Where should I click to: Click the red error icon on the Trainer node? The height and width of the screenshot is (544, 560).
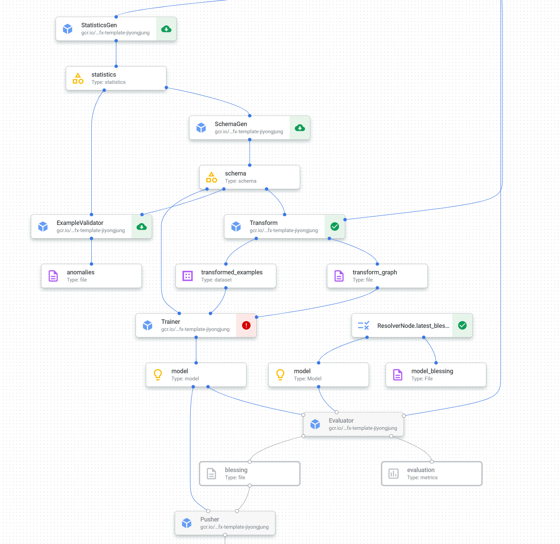246,326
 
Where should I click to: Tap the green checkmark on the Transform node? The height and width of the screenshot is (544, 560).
335,227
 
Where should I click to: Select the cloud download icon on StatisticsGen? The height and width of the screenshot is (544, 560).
166,29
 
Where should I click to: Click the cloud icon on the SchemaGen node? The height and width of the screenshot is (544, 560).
300,128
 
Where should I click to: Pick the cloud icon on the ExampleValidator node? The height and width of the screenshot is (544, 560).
142,227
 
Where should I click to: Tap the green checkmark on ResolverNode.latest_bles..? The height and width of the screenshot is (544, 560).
462,326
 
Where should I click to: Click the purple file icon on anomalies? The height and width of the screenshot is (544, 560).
53,276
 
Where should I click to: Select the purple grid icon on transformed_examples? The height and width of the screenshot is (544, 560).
188,276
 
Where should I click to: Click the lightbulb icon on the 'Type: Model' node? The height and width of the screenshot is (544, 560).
280,375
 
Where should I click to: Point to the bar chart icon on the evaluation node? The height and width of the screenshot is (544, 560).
394,473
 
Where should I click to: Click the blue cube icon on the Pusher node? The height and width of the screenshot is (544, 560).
187,523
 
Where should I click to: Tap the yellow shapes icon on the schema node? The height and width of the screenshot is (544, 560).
211,177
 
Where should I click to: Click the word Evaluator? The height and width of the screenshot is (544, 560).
341,421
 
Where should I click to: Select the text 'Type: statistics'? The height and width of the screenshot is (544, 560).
108,82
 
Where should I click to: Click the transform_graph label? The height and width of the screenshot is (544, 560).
374,272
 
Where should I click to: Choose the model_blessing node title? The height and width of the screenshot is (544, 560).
432,371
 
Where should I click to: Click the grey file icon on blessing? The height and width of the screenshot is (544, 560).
211,473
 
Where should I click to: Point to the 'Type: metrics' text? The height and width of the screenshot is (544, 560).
422,478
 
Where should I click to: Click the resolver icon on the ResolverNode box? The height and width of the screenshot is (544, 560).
364,326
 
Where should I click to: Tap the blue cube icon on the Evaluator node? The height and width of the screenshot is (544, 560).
315,424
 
